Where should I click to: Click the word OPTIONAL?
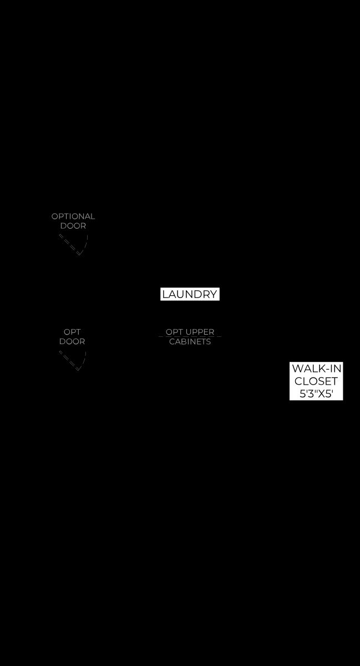73,216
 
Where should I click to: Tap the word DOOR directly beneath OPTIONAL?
73,226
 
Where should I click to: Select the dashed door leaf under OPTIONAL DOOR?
69,245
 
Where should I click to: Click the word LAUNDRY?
190,294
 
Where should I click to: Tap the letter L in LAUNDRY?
165,294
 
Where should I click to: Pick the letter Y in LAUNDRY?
214,294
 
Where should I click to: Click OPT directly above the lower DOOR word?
72,332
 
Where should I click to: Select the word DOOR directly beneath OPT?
72,342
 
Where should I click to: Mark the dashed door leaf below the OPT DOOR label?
69,361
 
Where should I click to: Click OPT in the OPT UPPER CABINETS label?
174,332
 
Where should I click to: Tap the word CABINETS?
190,342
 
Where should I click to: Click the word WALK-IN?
317,369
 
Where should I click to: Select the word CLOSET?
316,381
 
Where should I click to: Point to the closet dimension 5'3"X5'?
316,393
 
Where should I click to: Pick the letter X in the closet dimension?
321,393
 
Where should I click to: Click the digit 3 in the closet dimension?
310,393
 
